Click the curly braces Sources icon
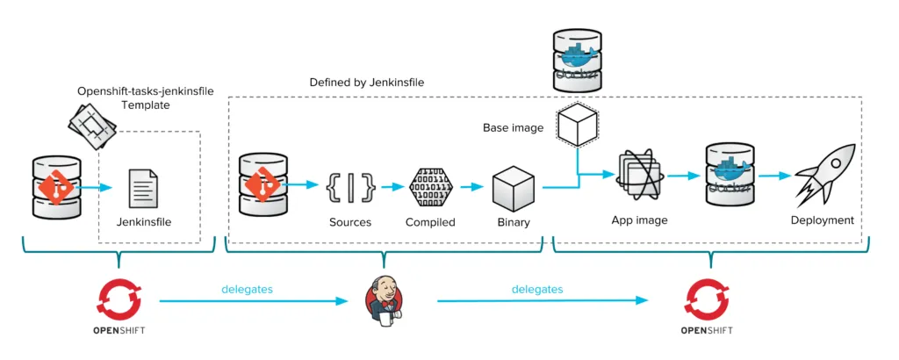click(350, 186)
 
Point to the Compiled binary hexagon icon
click(430, 186)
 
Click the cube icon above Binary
click(514, 186)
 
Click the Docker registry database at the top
click(577, 60)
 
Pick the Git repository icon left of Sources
click(263, 185)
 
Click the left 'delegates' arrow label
click(247, 288)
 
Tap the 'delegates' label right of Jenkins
click(537, 288)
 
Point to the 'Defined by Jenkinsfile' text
click(368, 83)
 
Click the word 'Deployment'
click(822, 220)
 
